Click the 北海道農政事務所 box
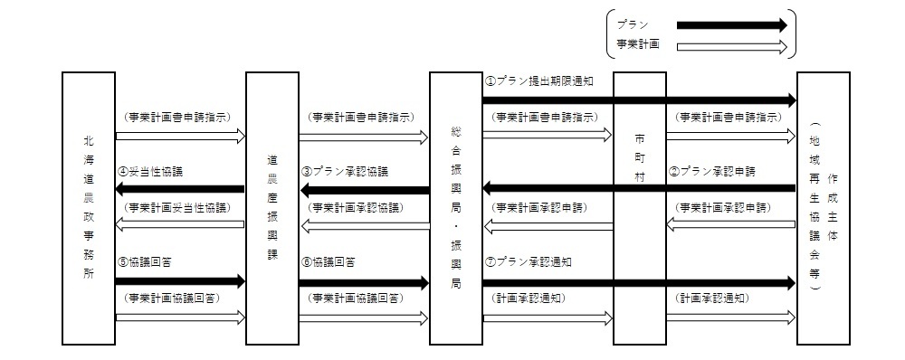pos(89,208)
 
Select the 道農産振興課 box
pos(272,208)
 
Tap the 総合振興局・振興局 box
pos(456,208)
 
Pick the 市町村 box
pos(640,208)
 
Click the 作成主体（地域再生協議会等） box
pos(824,208)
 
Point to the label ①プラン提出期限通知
pos(540,81)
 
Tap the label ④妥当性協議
pos(151,171)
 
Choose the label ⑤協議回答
pos(145,262)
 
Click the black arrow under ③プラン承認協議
pos(365,190)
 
